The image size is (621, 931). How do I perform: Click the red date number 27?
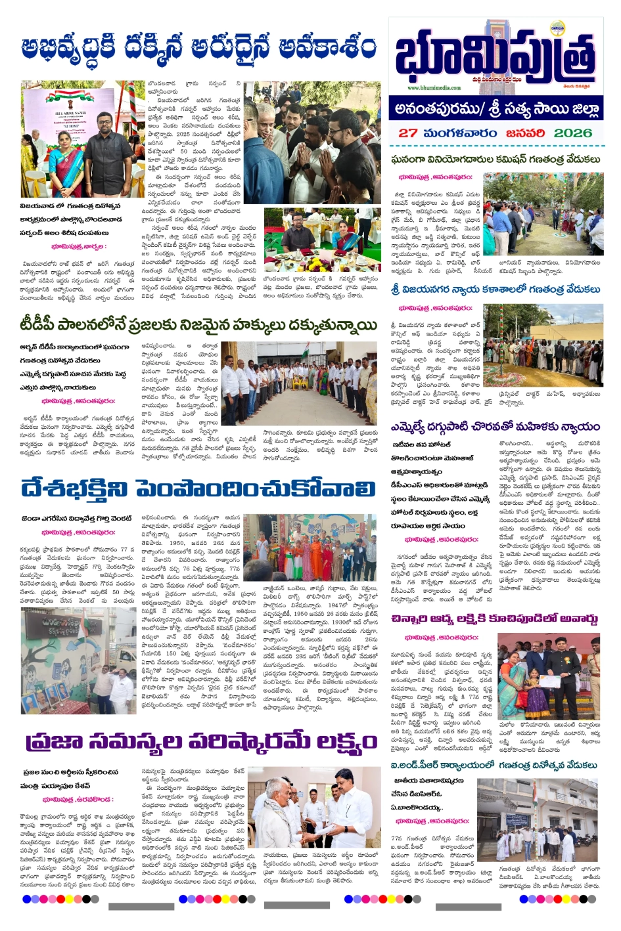[408, 132]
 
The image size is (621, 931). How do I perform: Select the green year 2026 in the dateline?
[573, 132]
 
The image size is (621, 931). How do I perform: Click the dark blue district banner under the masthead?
[496, 108]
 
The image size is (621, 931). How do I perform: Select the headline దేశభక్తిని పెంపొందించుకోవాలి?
[198, 489]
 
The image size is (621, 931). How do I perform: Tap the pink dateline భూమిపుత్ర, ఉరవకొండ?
[78, 799]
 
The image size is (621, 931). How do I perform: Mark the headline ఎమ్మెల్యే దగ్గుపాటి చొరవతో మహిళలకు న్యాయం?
[494, 426]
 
